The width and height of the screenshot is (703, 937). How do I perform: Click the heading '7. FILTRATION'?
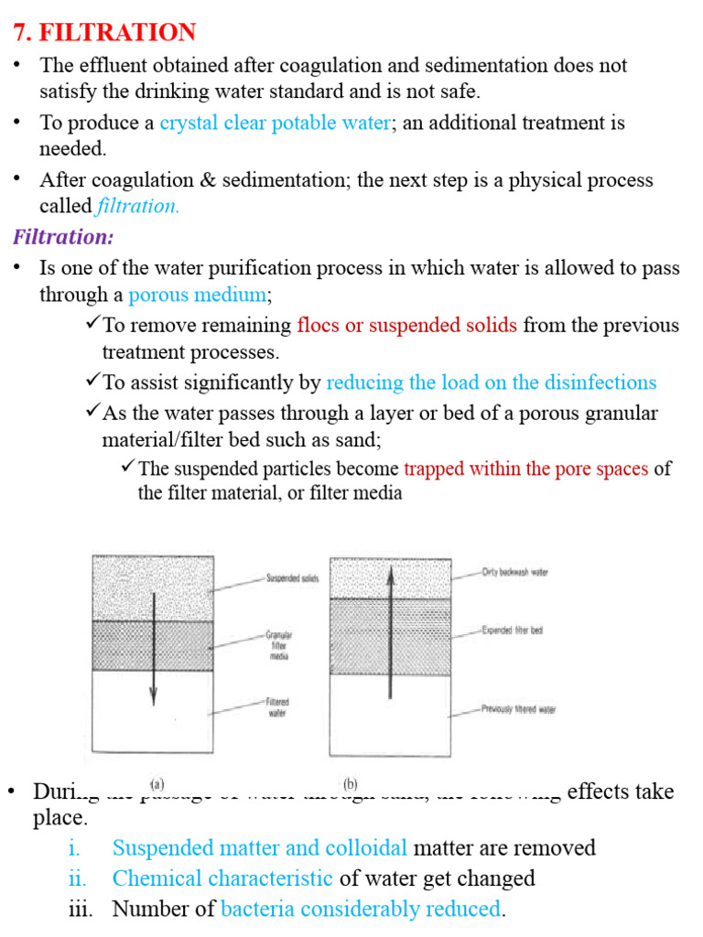click(103, 33)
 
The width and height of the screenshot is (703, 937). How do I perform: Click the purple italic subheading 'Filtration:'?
click(63, 237)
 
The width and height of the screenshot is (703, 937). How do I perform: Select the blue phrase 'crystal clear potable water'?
click(275, 123)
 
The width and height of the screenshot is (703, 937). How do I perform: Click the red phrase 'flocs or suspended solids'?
click(407, 325)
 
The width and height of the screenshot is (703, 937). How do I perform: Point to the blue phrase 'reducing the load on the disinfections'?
click(491, 382)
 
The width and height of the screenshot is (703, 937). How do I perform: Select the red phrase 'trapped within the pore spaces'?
click(526, 468)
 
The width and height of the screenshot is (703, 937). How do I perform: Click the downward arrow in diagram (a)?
click(153, 650)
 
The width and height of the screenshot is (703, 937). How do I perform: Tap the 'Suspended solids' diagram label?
click(292, 578)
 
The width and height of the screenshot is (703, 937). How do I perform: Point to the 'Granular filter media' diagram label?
click(278, 645)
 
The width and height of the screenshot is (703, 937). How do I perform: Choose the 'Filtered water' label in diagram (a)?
click(278, 707)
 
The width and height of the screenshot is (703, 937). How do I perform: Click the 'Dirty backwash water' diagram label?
click(514, 573)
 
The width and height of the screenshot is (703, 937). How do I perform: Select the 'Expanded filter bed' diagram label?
click(512, 630)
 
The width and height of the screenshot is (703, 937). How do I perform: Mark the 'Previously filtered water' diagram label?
click(518, 709)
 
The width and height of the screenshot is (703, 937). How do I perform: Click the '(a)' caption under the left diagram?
click(157, 784)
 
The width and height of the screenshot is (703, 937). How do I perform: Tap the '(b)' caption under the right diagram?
click(350, 784)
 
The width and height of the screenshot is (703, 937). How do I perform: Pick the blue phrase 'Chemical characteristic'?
click(222, 878)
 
